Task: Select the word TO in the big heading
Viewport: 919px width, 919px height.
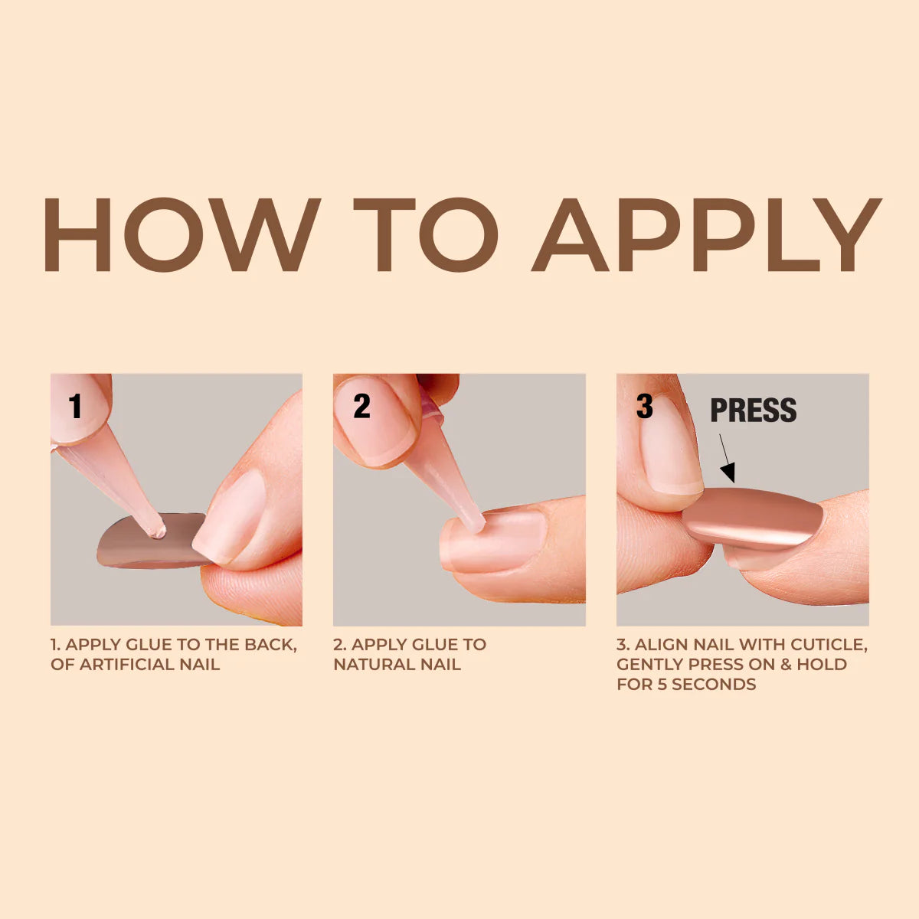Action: [426, 234]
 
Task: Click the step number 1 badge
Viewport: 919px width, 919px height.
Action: [75, 407]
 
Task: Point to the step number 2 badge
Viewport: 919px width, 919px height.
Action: [361, 407]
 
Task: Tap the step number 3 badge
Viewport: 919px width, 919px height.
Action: [645, 407]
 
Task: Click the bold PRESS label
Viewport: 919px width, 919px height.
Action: [753, 411]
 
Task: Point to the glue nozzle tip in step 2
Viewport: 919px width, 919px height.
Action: [476, 525]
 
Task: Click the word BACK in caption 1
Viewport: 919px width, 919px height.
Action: [270, 645]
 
